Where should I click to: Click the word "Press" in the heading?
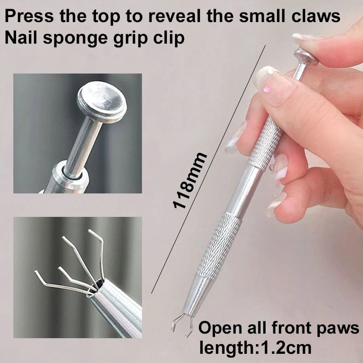coord(29,16)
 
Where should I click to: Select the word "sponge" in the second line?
coord(75,39)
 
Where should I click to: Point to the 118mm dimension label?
coord(190,181)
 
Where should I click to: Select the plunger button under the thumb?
coord(306,57)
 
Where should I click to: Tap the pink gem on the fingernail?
coord(267,89)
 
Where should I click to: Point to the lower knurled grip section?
coord(219,245)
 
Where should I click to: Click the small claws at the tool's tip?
coord(182,323)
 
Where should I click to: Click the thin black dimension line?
coord(208,169)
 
